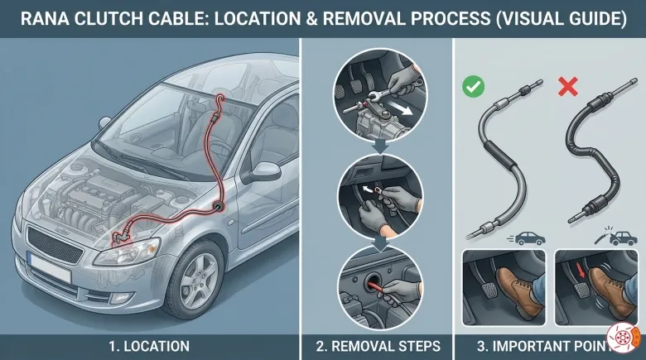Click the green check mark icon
[473, 87]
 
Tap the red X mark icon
[567, 87]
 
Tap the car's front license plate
[50, 266]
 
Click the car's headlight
[127, 251]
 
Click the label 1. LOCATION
[149, 347]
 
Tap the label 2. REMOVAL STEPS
[378, 347]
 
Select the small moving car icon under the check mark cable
[528, 238]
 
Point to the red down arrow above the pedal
[581, 271]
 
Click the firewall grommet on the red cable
[217, 206]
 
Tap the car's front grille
[54, 245]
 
